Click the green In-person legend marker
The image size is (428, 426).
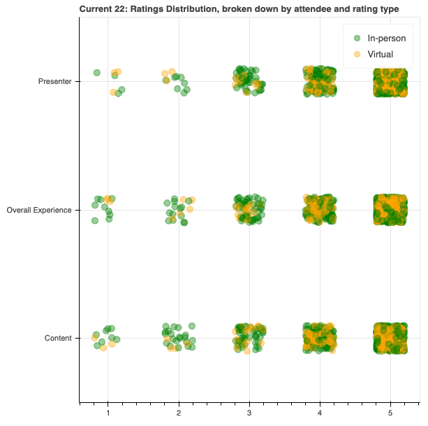[x=357, y=38]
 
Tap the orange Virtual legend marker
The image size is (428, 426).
[x=357, y=54]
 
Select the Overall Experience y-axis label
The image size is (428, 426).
[x=39, y=210]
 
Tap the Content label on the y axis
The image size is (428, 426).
[x=58, y=339]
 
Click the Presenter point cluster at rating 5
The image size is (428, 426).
[x=390, y=82]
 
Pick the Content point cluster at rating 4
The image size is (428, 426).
[x=320, y=339]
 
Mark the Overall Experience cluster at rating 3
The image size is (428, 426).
[x=249, y=210]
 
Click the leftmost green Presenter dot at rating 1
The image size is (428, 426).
[x=97, y=73]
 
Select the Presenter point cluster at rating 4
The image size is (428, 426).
[x=320, y=82]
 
